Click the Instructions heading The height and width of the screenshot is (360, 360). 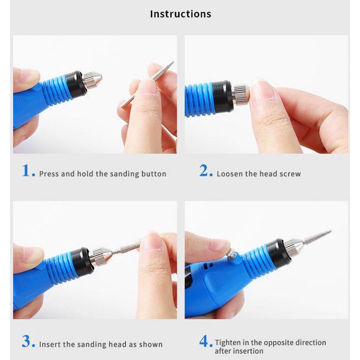pyautogui.click(x=181, y=14)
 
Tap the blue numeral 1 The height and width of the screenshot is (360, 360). pyautogui.click(x=27, y=171)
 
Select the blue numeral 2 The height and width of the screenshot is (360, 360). pyautogui.click(x=204, y=171)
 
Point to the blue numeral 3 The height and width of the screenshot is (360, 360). pyautogui.click(x=27, y=341)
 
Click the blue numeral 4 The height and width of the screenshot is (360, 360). pyautogui.click(x=204, y=341)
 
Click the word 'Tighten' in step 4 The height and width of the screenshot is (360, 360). pyautogui.click(x=228, y=343)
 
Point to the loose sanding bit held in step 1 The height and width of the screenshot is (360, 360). pyautogui.click(x=147, y=84)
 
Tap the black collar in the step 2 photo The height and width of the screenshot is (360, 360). pyautogui.click(x=222, y=97)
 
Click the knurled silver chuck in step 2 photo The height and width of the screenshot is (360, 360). pyautogui.click(x=241, y=95)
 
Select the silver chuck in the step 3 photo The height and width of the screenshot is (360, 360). pyautogui.click(x=101, y=256)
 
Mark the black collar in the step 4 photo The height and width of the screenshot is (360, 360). pyautogui.click(x=277, y=254)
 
